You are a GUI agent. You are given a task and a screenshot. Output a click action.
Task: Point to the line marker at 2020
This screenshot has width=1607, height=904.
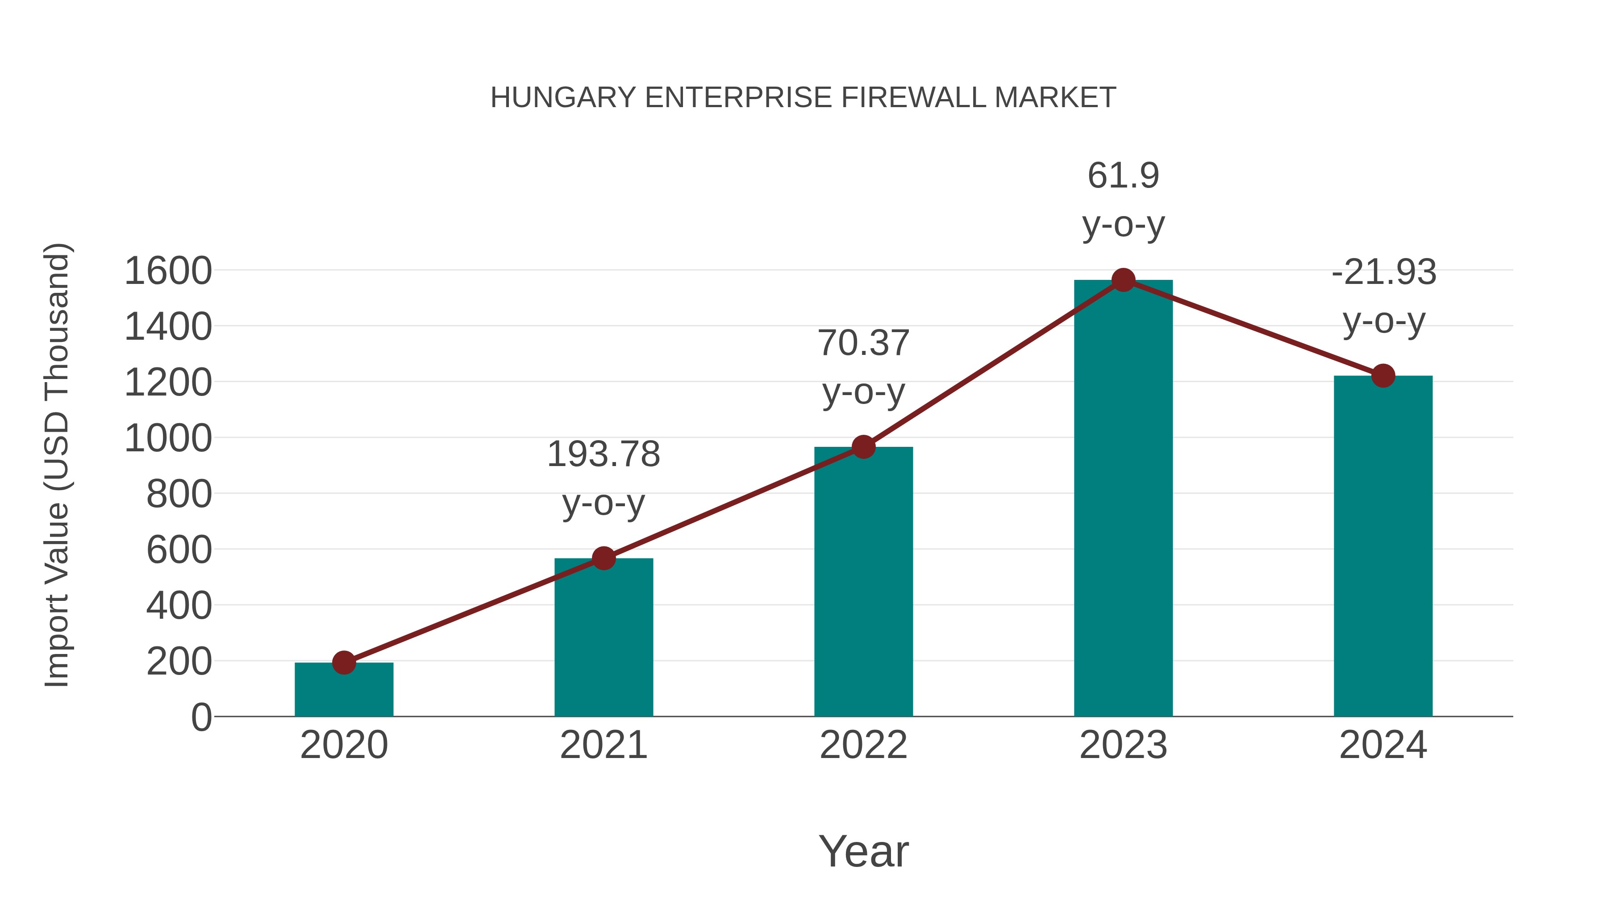point(344,662)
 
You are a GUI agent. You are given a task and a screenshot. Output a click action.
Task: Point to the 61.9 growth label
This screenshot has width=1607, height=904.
point(1123,175)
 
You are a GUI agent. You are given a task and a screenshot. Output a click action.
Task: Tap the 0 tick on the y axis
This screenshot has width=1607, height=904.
point(201,717)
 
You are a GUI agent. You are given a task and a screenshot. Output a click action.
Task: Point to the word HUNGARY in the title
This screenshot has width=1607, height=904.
point(563,98)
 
